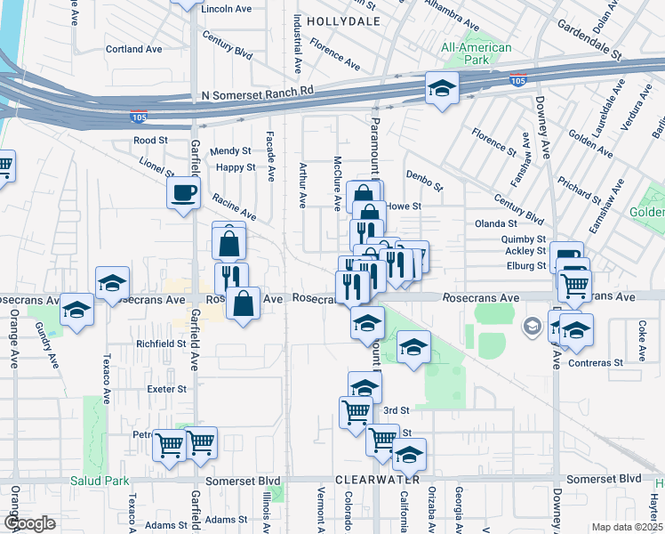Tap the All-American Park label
477,53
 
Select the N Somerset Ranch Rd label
259,93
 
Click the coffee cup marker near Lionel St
184,193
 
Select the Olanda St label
497,223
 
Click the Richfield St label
160,343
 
